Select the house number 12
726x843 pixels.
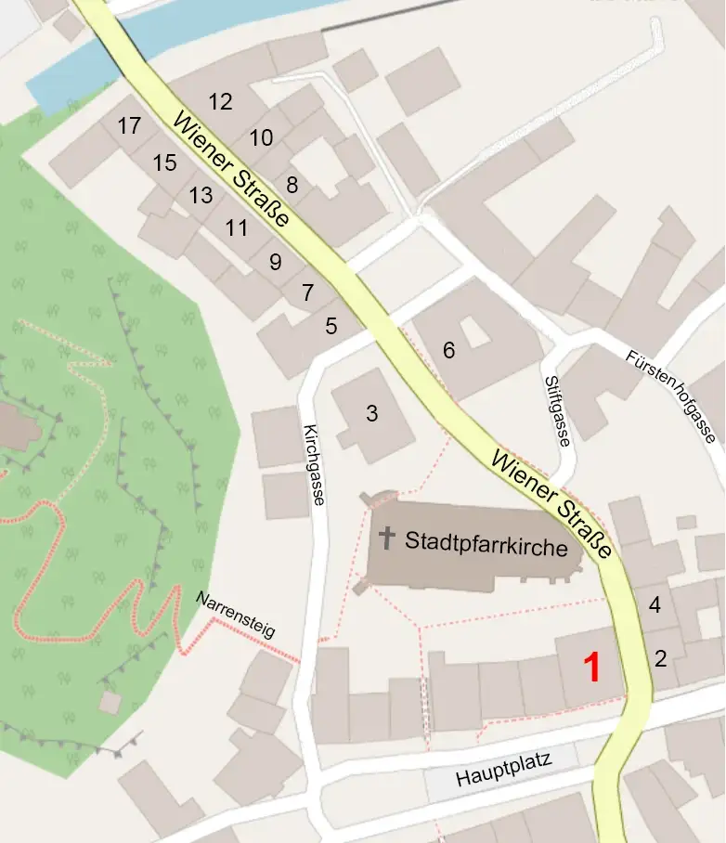pyautogui.click(x=220, y=102)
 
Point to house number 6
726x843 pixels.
pyautogui.click(x=449, y=351)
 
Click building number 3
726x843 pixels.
pyautogui.click(x=371, y=414)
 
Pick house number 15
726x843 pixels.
pyautogui.click(x=164, y=163)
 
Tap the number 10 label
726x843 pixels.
pyautogui.click(x=262, y=138)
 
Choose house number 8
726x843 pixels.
pyautogui.click(x=292, y=185)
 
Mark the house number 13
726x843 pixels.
pyautogui.click(x=201, y=196)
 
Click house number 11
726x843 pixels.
pyautogui.click(x=237, y=227)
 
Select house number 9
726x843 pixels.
pyautogui.click(x=275, y=263)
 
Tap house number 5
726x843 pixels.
pyautogui.click(x=331, y=326)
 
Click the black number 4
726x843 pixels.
pyautogui.click(x=655, y=605)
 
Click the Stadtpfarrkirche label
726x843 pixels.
pyautogui.click(x=486, y=546)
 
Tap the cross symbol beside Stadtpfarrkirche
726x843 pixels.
pyautogui.click(x=386, y=538)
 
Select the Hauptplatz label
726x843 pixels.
pyautogui.click(x=504, y=771)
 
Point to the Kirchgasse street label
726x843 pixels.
pyautogui.click(x=313, y=464)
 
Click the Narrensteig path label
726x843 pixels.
pyautogui.click(x=236, y=615)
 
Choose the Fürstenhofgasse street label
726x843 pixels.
pyautogui.click(x=670, y=396)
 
